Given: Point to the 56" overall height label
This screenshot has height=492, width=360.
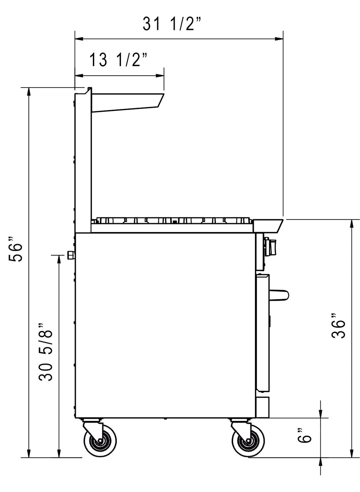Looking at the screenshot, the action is point(15,249).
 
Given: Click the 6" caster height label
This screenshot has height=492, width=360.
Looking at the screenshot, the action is point(304,435).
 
